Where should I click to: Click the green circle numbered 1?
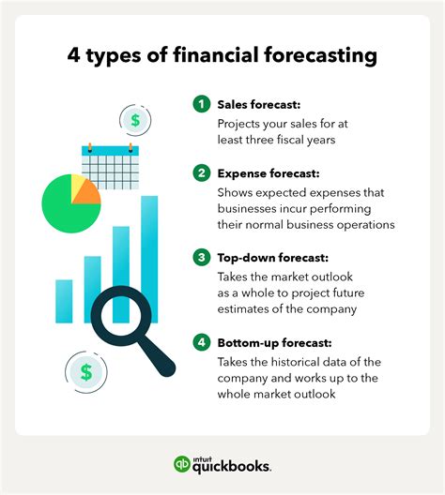coord(202,104)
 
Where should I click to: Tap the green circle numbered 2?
coord(202,173)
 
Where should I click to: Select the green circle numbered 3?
coord(202,257)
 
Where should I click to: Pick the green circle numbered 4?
coord(202,342)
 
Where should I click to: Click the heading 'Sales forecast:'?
coord(259,104)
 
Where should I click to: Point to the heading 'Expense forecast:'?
coord(269,173)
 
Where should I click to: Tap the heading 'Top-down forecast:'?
coord(273,258)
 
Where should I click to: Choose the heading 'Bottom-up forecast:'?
coord(275,343)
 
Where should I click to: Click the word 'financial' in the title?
coord(216,54)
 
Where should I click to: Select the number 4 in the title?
coord(73,55)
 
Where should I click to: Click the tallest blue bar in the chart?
coord(149,259)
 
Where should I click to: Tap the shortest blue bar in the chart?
coord(64,301)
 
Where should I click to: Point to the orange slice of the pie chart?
coord(87,193)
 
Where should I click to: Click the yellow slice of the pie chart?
coord(77,185)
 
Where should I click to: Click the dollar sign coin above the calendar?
coord(135,120)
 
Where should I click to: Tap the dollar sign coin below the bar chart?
coord(86,372)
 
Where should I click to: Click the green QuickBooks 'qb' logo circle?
coord(182,464)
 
